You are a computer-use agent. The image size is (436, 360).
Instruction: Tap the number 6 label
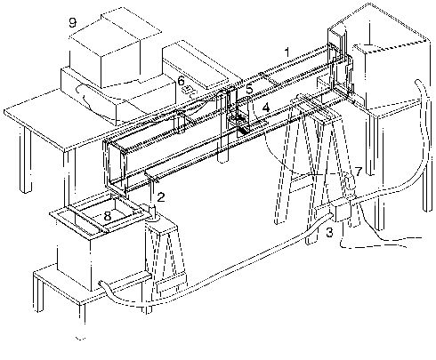coord(181,80)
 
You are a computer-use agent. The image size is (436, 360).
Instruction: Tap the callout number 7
coord(359,171)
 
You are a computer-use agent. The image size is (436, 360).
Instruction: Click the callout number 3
coord(330,233)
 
